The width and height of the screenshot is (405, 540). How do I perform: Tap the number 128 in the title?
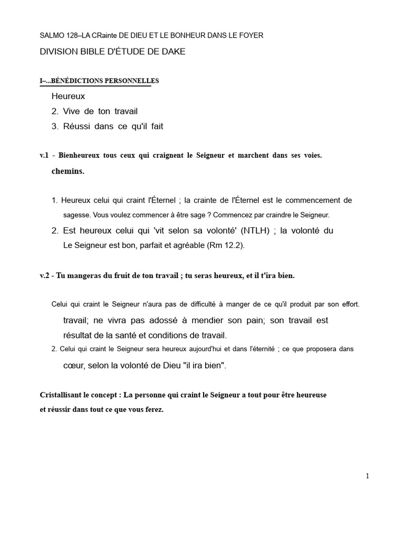(73, 35)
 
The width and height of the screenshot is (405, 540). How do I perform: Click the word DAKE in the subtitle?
(173, 52)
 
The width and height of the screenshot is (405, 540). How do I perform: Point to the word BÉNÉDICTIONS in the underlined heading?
(77, 81)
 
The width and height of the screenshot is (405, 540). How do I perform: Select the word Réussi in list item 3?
(75, 126)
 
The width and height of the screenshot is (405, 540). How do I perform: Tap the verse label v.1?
(44, 155)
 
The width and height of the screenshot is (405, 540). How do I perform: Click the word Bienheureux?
(81, 155)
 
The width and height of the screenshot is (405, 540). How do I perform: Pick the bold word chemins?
(68, 171)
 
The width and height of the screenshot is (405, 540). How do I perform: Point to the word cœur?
(74, 366)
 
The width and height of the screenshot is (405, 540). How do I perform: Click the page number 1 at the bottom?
(368, 476)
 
